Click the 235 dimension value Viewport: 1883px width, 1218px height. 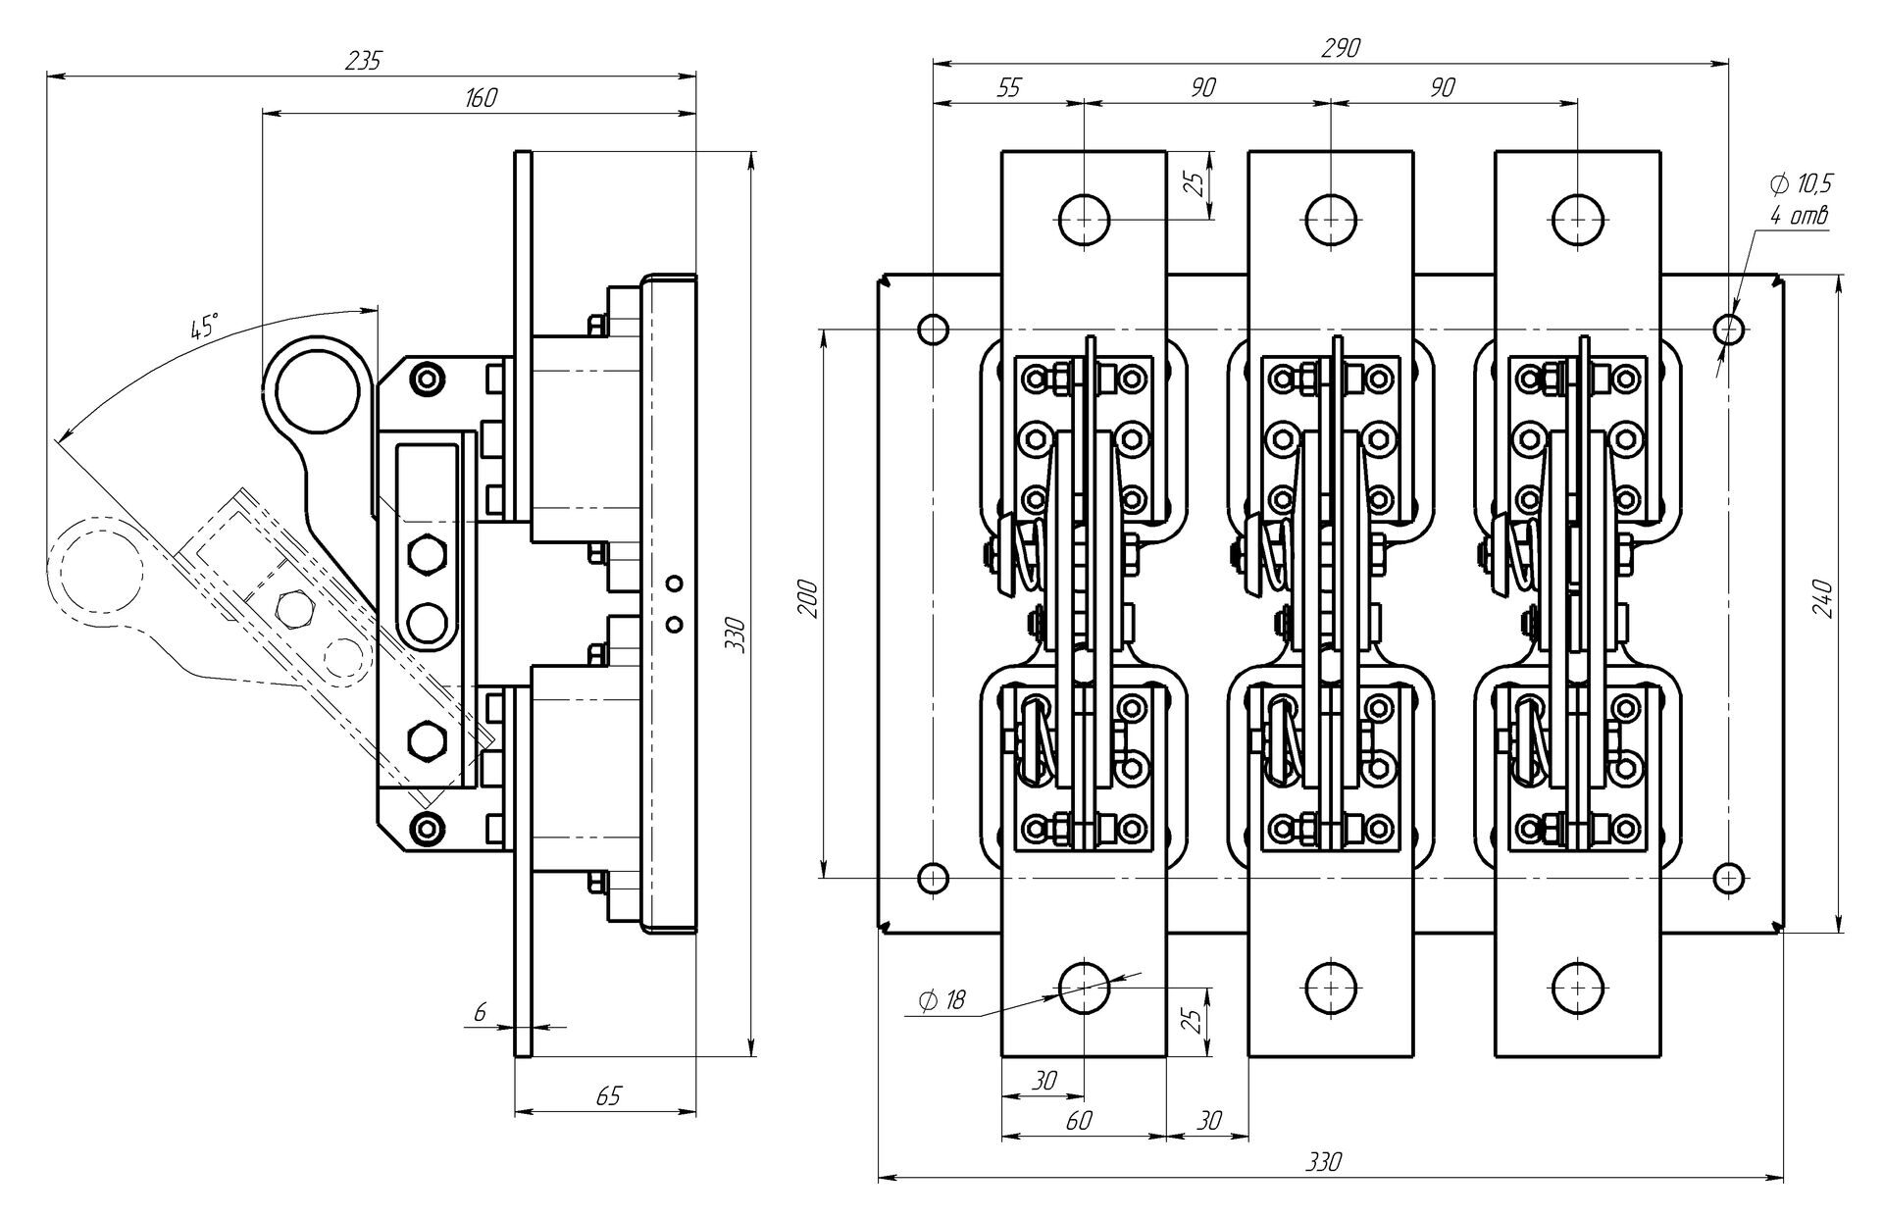click(364, 60)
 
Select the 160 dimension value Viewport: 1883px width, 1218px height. click(481, 98)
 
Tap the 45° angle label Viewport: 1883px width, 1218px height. click(204, 327)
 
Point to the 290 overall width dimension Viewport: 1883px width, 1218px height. click(1341, 48)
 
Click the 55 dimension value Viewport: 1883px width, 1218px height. click(1008, 87)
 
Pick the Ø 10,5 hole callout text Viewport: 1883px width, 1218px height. click(1801, 183)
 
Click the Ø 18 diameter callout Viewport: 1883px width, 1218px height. click(941, 999)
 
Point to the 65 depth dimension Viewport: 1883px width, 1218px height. click(608, 1095)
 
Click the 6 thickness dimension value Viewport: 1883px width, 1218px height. click(481, 1013)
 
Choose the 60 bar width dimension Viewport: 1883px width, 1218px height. click(1078, 1120)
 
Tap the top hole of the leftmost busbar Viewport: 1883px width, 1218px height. click(1084, 218)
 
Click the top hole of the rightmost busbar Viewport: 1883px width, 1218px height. click(1577, 218)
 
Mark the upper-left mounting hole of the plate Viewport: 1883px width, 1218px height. click(933, 329)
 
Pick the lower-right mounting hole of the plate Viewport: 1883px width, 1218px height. click(1730, 877)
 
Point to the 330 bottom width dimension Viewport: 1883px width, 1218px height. click(1323, 1162)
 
